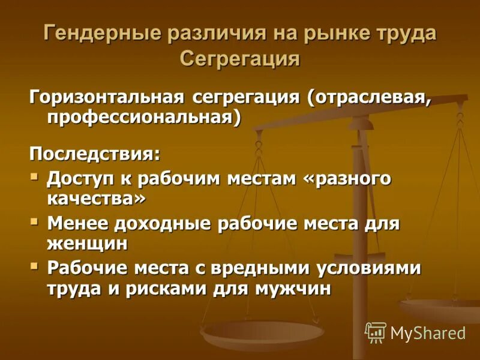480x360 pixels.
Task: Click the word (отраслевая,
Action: (x=370, y=97)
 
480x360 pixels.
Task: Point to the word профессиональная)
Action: (x=144, y=116)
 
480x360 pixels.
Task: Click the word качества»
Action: (x=97, y=199)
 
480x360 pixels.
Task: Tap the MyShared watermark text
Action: (x=428, y=333)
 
